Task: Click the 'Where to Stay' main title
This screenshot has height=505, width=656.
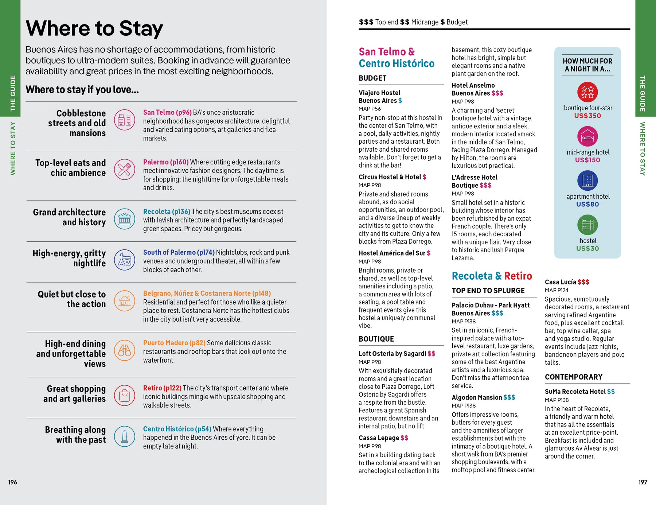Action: coord(94,28)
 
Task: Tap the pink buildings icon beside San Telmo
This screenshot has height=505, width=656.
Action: coord(125,120)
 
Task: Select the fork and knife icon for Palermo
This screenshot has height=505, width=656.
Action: coord(125,169)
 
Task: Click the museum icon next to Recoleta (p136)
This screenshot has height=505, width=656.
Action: coord(125,219)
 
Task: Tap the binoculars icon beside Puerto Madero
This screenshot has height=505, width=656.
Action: coord(125,350)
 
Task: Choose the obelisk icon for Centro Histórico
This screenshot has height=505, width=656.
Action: coord(125,436)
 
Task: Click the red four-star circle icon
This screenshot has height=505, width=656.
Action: coord(587,92)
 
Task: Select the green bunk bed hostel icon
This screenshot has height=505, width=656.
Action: coord(587,225)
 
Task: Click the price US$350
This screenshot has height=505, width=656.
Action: coord(587,116)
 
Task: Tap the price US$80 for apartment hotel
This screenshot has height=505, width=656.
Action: coord(587,205)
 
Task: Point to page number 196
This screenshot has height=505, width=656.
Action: coord(13,482)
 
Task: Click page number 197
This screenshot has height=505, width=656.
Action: coord(643,482)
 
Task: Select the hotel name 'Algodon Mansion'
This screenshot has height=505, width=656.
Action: coord(477,397)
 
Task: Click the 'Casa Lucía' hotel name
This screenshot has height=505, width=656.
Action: coord(561,282)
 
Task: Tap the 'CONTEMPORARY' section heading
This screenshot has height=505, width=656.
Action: coord(574,377)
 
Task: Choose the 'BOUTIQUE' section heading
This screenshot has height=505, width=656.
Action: coord(376,339)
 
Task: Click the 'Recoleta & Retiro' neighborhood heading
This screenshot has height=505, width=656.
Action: coord(492,276)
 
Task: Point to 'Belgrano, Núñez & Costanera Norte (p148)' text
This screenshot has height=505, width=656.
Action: coord(207,294)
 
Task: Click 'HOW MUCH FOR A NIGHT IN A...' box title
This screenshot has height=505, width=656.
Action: coord(587,65)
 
